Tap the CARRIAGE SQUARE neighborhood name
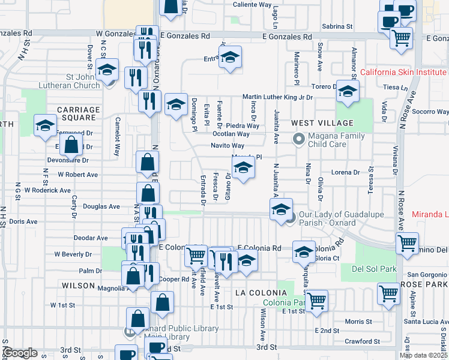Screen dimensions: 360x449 coord(79,114)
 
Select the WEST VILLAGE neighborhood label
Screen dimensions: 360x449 coord(314,123)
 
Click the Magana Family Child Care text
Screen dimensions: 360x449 coord(336,140)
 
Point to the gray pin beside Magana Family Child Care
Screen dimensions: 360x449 coord(298,139)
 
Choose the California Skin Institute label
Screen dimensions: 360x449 coord(404,73)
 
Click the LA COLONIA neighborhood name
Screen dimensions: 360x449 coord(258,293)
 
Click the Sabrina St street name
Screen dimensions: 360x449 coord(337,26)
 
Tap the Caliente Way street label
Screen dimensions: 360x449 coord(252,4)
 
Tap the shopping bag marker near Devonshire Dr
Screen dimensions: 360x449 coord(71,145)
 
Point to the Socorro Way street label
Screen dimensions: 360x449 coord(430,112)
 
